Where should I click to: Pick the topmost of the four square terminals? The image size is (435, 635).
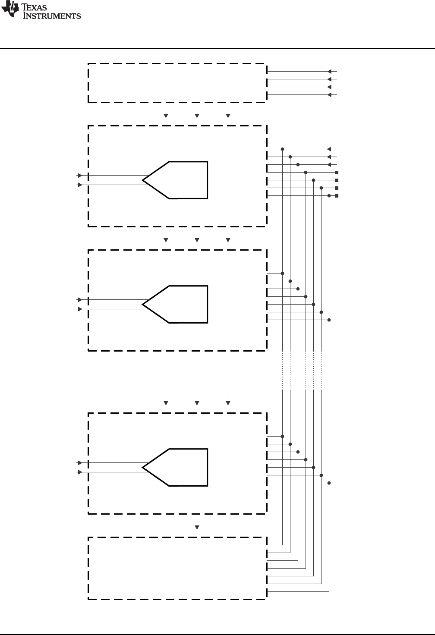pos(337,173)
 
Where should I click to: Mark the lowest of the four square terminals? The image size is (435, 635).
pos(337,196)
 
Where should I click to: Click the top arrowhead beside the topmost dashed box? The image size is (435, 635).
pos(330,71)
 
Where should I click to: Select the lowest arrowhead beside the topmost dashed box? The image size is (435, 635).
pos(330,94)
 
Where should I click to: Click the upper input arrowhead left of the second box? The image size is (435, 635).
pos(79,176)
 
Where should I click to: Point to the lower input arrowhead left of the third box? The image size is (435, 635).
pos(79,309)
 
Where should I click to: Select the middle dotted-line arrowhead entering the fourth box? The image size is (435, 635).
pos(197,403)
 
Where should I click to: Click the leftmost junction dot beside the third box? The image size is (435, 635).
pos(282,273)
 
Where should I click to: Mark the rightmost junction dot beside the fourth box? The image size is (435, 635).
pos(329,483)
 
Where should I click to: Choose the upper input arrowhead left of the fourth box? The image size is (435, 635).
pos(79,463)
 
